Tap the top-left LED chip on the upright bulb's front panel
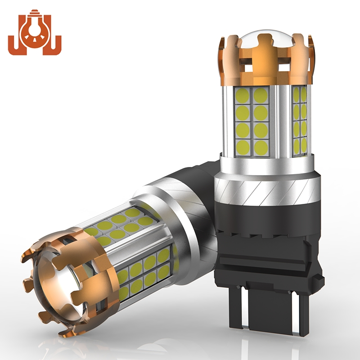coord(243,95)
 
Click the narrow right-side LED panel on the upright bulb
coord(300,119)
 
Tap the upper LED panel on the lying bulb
coord(119,225)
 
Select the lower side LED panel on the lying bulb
coord(144,270)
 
